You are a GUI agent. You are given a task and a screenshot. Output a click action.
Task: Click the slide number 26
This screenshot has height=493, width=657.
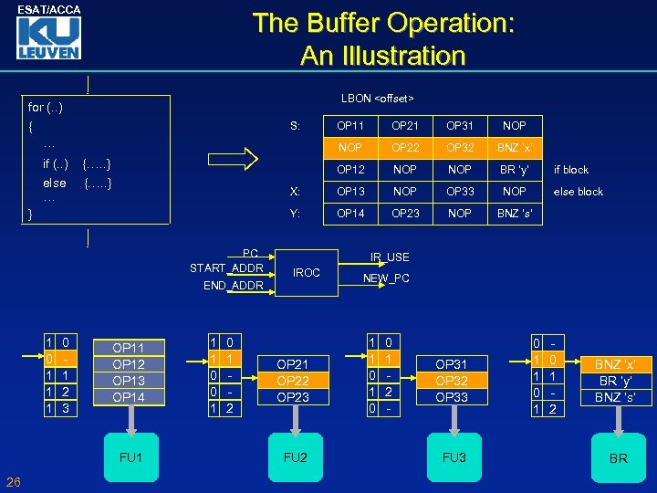14,482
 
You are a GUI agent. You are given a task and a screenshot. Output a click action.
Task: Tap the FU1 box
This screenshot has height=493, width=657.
131,456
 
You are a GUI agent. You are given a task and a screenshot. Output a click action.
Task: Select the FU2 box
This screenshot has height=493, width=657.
296,456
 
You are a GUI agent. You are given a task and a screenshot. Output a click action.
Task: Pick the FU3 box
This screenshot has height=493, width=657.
454,456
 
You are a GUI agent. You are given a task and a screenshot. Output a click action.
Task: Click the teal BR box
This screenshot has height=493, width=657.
618,457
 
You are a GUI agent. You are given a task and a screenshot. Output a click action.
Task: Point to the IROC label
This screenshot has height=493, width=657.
307,273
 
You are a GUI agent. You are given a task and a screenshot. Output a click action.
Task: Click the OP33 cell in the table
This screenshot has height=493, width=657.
460,192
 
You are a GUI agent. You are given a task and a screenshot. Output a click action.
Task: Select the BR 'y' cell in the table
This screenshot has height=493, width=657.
515,170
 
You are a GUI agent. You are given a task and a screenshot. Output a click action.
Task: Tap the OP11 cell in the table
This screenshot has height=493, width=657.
350,125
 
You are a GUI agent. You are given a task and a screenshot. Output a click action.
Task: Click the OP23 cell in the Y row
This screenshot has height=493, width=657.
405,214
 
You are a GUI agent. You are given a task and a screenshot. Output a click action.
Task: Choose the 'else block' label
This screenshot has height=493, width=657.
579,192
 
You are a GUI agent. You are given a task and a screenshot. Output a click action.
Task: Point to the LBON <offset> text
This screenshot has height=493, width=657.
377,98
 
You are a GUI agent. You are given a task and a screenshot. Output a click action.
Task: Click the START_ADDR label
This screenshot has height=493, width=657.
226,267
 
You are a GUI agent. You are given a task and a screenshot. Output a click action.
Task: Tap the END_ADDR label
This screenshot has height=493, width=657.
234,286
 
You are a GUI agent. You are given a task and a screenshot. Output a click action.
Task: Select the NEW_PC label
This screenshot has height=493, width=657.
387,278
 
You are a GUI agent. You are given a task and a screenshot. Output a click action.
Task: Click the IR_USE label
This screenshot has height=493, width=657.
390,258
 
